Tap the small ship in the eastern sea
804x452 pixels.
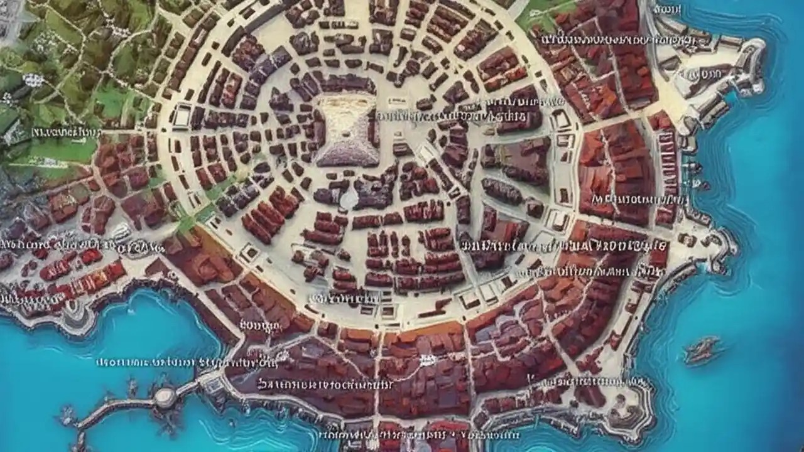[702, 350]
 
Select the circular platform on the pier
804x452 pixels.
[165, 395]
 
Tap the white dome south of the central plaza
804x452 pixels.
[348, 199]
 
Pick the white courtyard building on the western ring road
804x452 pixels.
[182, 116]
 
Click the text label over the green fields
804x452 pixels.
[66, 132]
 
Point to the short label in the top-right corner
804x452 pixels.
[668, 9]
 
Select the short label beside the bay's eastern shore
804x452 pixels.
[259, 325]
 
